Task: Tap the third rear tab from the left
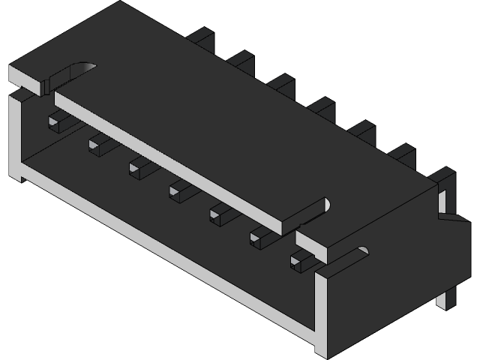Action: coord(282,82)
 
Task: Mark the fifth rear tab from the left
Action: coord(363,129)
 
